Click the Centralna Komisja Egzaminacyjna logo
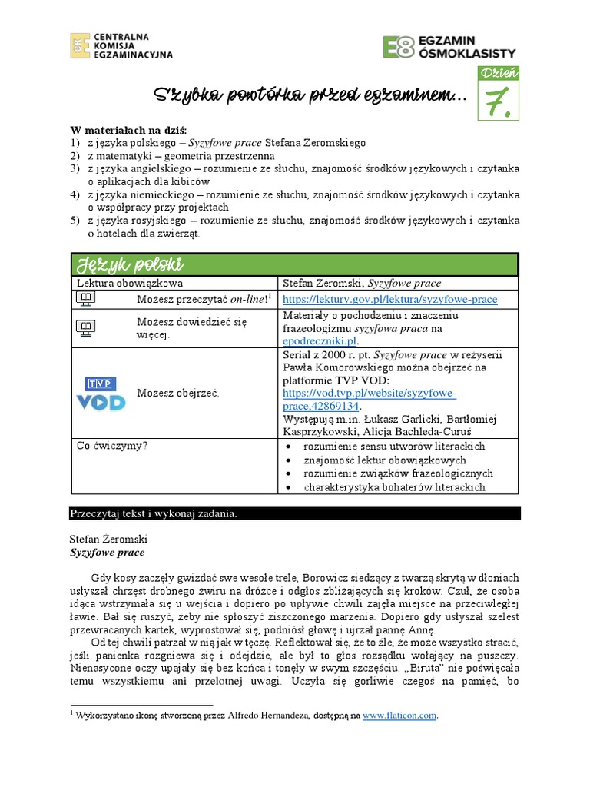coord(121,46)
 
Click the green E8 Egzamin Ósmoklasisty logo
coord(449,46)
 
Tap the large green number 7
coord(499,102)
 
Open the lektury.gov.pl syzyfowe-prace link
coord(389,299)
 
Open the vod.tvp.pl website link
coord(370,400)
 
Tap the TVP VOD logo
coord(100,393)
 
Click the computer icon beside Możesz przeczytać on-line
coord(86,299)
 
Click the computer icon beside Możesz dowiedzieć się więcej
coord(86,328)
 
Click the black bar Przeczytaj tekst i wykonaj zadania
coord(154,513)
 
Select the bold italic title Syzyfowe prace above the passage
coord(107,552)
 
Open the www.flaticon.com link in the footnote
coord(399,716)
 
